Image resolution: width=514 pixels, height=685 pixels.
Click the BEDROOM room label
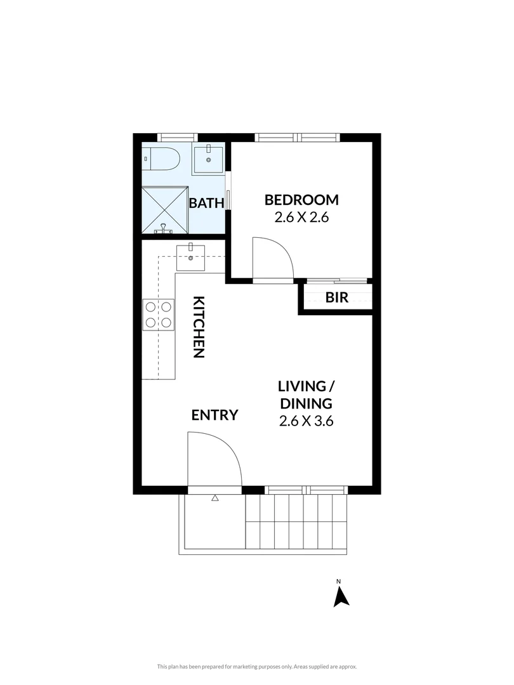pyautogui.click(x=301, y=200)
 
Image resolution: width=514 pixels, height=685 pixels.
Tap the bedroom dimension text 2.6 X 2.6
pyautogui.click(x=301, y=217)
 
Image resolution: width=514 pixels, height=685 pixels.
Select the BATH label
pyautogui.click(x=206, y=203)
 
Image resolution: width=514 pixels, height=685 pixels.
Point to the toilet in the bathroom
pyautogui.click(x=161, y=159)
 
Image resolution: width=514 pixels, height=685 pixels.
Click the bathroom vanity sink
pyautogui.click(x=208, y=159)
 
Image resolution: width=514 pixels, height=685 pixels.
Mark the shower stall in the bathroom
pyautogui.click(x=164, y=210)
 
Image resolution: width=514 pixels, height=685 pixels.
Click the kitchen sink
pyautogui.click(x=190, y=258)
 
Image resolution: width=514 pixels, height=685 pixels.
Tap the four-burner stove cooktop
pyautogui.click(x=158, y=315)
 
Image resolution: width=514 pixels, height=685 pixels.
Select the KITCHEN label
pyautogui.click(x=199, y=327)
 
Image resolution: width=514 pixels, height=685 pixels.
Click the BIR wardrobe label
pyautogui.click(x=337, y=297)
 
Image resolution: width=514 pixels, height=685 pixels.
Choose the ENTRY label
pyautogui.click(x=214, y=415)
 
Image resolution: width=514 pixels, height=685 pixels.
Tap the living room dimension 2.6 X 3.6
pyautogui.click(x=306, y=421)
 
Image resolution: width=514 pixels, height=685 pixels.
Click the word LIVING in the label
pyautogui.click(x=303, y=386)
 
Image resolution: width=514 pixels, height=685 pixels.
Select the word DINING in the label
pyautogui.click(x=306, y=403)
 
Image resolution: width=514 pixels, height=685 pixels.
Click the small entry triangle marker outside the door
pyautogui.click(x=214, y=498)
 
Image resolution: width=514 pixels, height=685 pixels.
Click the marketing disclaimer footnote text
pyautogui.click(x=257, y=667)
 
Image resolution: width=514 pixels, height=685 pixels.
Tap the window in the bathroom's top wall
pyautogui.click(x=178, y=137)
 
